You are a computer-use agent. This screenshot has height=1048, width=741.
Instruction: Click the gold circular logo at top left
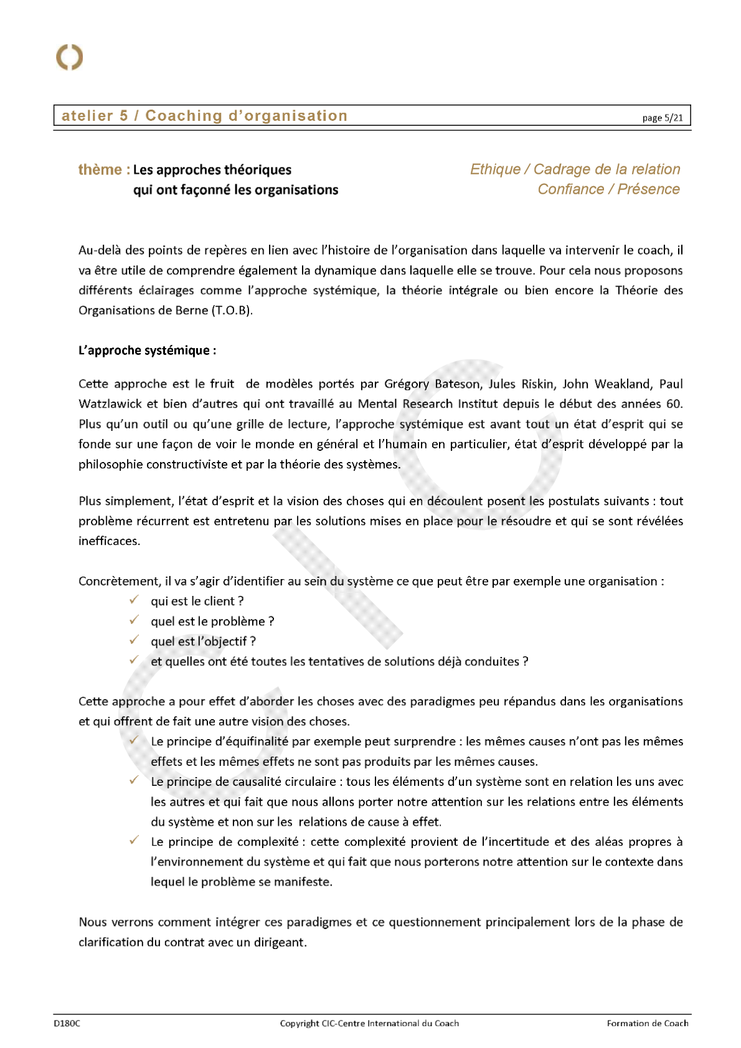(x=69, y=57)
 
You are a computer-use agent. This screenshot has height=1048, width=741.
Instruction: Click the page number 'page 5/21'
(x=662, y=118)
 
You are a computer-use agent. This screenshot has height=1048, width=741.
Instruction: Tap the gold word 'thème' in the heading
(x=100, y=169)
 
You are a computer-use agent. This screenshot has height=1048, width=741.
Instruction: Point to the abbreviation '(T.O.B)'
(x=232, y=310)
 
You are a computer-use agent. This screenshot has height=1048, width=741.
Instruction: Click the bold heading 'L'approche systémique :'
(x=147, y=351)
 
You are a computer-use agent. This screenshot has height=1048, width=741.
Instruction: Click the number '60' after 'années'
(x=673, y=404)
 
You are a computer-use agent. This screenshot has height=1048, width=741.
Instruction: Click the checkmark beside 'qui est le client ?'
(x=134, y=600)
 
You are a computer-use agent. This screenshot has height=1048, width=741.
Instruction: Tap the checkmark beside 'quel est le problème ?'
(x=134, y=620)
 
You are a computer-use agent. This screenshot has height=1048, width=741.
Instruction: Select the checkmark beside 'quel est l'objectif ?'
(x=134, y=640)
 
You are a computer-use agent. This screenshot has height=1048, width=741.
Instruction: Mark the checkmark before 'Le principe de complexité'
(x=134, y=841)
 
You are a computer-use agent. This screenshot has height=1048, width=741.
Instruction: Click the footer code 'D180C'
(x=67, y=1023)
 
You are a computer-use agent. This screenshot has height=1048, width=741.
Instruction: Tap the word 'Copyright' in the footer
(x=299, y=1023)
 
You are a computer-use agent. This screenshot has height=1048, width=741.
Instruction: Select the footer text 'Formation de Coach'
(x=648, y=1023)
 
